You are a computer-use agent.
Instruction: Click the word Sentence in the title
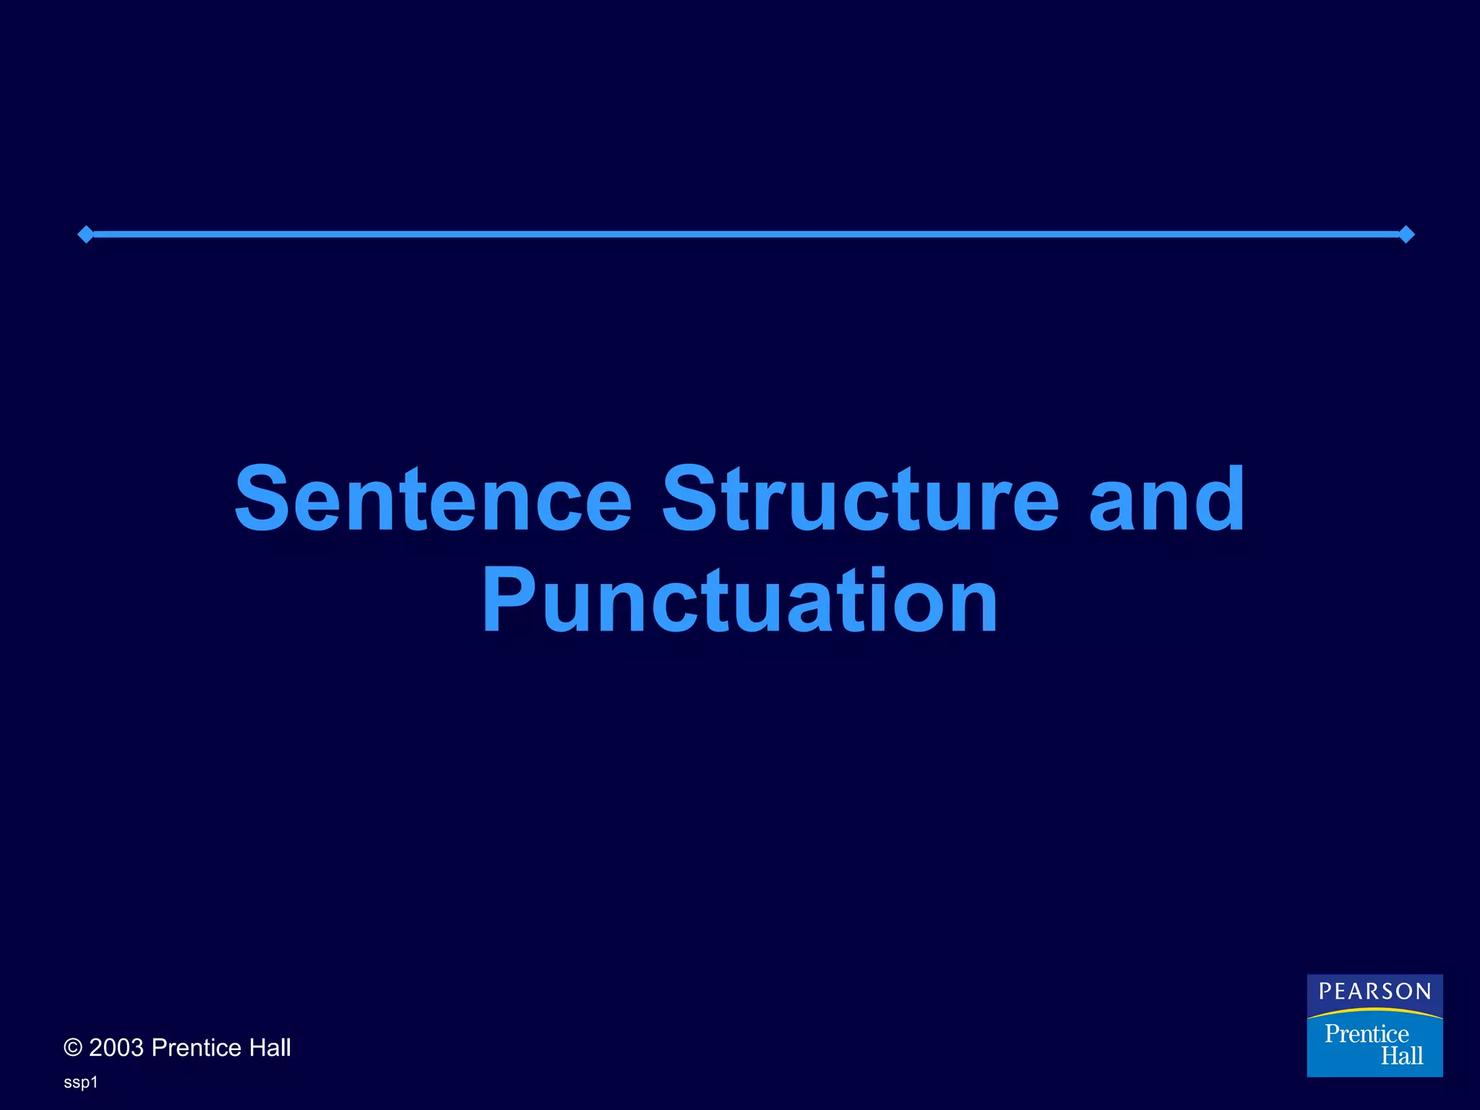coord(434,499)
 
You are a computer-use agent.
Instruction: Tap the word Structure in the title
coord(860,499)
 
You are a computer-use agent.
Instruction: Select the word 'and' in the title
coord(1166,499)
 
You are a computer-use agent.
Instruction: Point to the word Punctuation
coord(740,600)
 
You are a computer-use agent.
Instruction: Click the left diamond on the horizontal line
coord(85,234)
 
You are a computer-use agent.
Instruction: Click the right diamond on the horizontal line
coord(1406,234)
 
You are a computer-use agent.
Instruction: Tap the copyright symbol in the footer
coord(73,1048)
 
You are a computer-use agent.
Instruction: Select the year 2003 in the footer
coord(116,1048)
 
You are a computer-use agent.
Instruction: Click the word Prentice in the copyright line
coord(197,1048)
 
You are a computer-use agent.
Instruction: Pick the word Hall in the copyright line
coord(270,1048)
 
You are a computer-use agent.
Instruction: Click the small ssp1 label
coord(80,1083)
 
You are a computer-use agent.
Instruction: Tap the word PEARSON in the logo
coord(1374,991)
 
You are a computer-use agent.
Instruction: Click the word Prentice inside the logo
coord(1367,1034)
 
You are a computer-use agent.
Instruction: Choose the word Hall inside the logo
coord(1402,1056)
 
